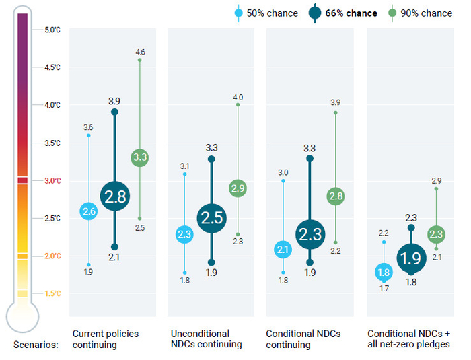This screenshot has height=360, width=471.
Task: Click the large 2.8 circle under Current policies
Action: [114, 196]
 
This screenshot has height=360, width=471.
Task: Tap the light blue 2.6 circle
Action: [89, 212]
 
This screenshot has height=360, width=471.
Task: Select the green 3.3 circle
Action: [140, 157]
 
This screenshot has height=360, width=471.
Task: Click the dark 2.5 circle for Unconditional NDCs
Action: [211, 217]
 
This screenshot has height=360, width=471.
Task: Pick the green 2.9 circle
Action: [238, 188]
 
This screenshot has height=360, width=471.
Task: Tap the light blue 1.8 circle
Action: [384, 273]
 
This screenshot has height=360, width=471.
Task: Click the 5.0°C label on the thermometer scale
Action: [52, 30]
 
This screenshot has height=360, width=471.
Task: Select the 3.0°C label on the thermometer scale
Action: [52, 180]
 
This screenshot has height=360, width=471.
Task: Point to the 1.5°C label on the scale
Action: [52, 293]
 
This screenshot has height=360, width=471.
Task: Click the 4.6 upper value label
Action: [140, 52]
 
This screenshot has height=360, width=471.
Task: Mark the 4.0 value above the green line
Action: [238, 98]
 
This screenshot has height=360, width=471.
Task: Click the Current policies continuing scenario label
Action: [106, 339]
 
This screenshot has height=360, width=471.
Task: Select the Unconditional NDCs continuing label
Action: [205, 339]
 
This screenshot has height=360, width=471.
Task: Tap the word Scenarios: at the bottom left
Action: [36, 345]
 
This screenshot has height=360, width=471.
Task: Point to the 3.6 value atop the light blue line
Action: [89, 127]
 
